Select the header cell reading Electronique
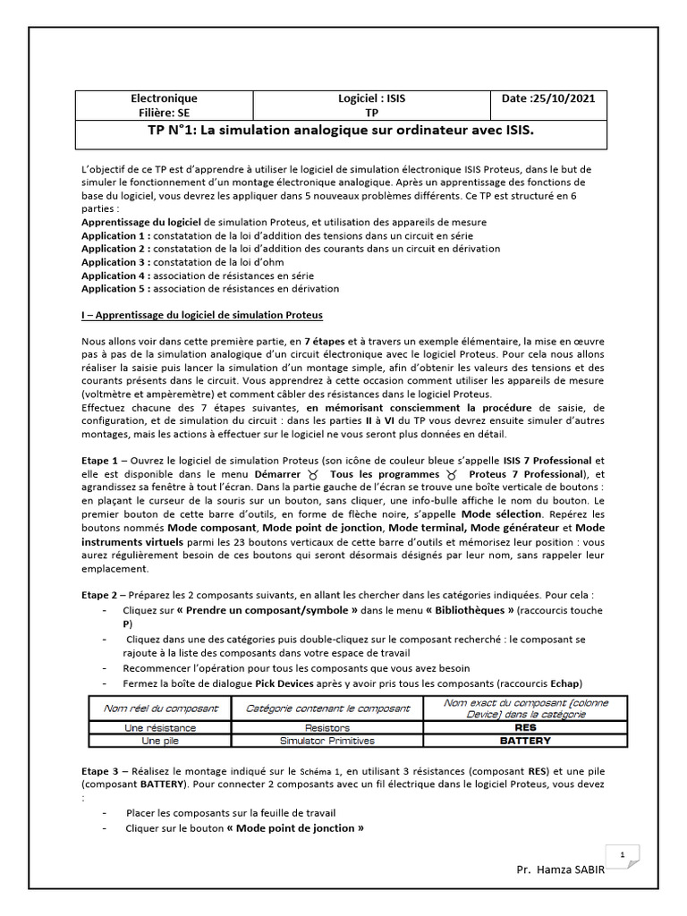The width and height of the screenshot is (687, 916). coord(164,98)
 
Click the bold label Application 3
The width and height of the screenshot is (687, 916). coord(114,262)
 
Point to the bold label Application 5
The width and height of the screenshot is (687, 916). coord(114,289)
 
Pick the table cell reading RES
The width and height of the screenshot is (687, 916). coord(526,728)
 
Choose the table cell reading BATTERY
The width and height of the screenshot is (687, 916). coord(526,741)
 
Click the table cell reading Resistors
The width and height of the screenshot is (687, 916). coord(327,728)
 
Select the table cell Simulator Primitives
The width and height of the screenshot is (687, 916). coord(327,741)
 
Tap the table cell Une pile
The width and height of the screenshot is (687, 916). coord(160,741)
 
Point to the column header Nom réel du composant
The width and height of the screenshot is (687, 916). coord(160,708)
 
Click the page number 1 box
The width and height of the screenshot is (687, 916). coord(622,855)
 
